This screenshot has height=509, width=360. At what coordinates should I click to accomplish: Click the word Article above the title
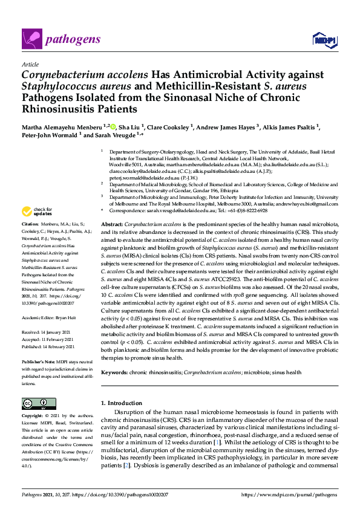(30, 63)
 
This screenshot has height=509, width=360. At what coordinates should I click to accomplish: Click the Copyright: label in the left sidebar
(35, 416)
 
